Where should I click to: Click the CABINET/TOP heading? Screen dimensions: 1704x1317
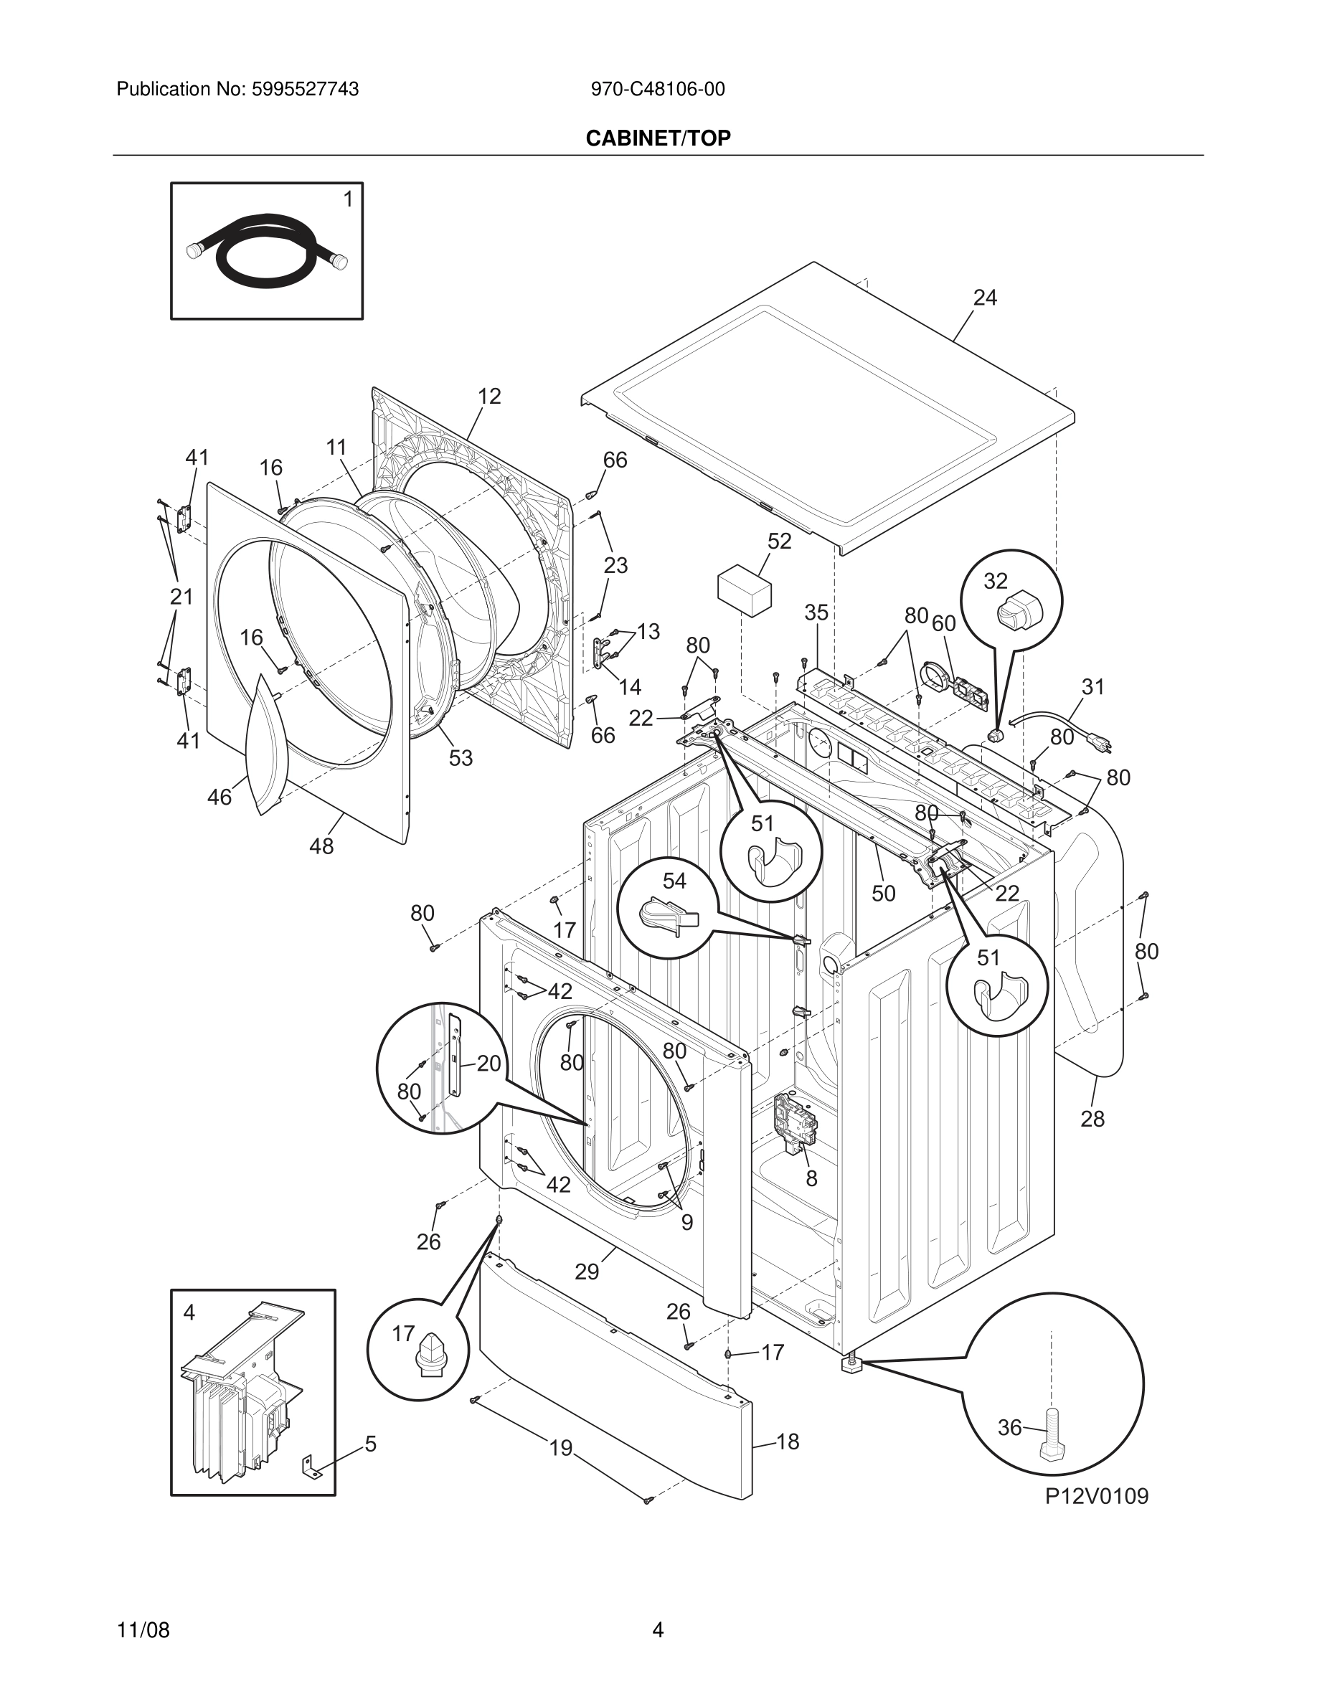pos(658,138)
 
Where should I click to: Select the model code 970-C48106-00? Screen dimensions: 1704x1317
pos(658,90)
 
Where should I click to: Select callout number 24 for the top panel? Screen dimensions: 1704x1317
pos(985,297)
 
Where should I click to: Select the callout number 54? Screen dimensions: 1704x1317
pos(674,881)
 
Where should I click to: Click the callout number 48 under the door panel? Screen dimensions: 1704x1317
pos(321,846)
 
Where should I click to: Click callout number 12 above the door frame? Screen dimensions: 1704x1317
pos(489,397)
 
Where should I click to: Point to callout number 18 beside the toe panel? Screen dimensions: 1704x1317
pos(788,1442)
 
